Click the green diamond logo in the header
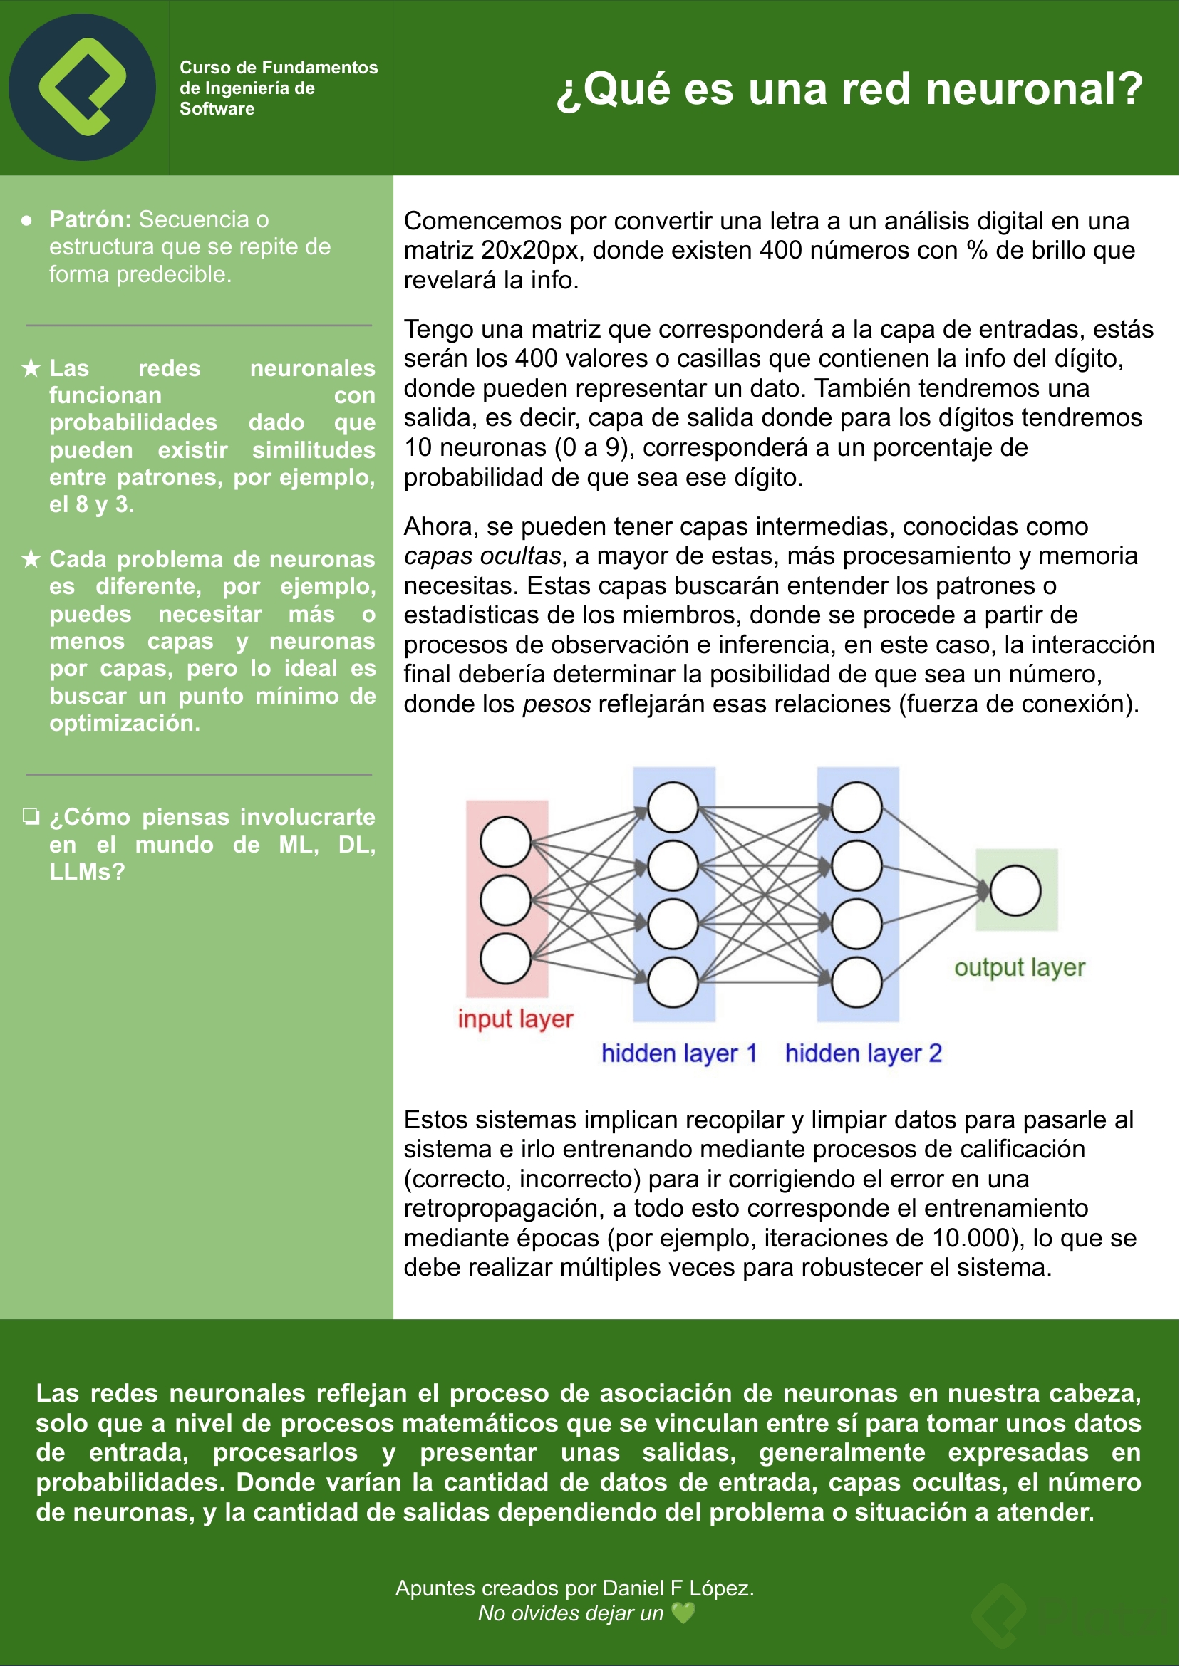tap(82, 87)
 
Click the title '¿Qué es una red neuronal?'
tap(849, 88)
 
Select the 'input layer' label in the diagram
tap(515, 1019)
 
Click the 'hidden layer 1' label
tap(678, 1053)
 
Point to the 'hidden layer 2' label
tap(863, 1053)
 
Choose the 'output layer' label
tap(1019, 967)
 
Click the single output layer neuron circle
tap(1015, 890)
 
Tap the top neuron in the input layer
tap(505, 842)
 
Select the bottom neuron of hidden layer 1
tap(673, 982)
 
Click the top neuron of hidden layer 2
tap(856, 807)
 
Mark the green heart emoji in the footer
tap(683, 1613)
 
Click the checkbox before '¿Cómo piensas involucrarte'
tap(31, 816)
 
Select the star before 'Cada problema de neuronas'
tap(31, 559)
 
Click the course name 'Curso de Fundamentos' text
tap(279, 68)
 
